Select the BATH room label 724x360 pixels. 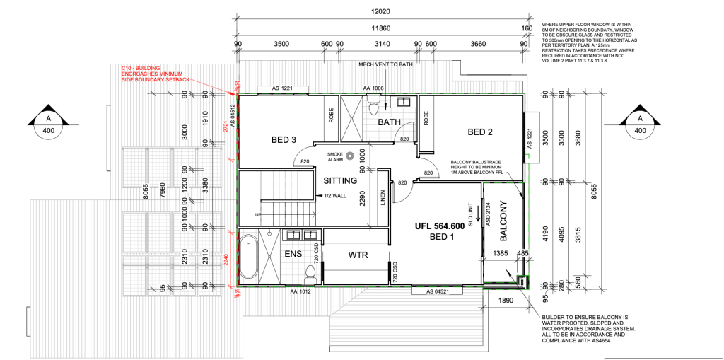pos(389,122)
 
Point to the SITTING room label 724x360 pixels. pos(340,180)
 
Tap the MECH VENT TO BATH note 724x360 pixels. pos(385,64)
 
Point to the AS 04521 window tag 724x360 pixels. pos(438,291)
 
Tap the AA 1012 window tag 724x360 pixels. pos(299,290)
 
